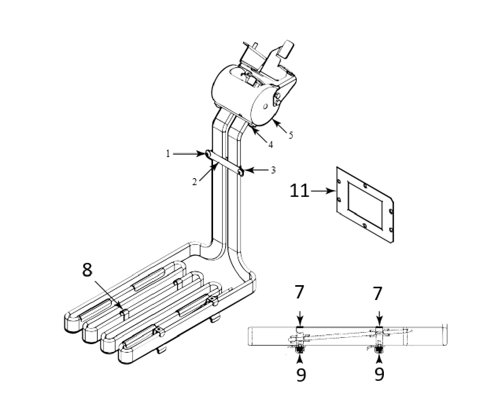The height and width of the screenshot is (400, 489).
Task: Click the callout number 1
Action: point(168,154)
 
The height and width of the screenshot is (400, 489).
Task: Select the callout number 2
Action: point(195,182)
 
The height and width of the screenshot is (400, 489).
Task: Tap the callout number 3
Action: point(273,170)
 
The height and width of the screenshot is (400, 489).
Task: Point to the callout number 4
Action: point(270,145)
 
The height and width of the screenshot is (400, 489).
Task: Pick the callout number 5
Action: point(290,135)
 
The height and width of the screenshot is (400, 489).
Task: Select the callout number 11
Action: point(299,191)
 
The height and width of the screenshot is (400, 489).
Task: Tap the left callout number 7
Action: point(299,293)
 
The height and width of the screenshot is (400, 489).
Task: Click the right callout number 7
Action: point(377,293)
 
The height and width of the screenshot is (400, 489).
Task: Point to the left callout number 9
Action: point(301,374)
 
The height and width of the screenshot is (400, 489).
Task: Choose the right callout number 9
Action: point(379,374)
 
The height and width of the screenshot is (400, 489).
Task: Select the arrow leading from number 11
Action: point(323,191)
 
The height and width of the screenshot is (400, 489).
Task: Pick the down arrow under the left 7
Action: point(299,315)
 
